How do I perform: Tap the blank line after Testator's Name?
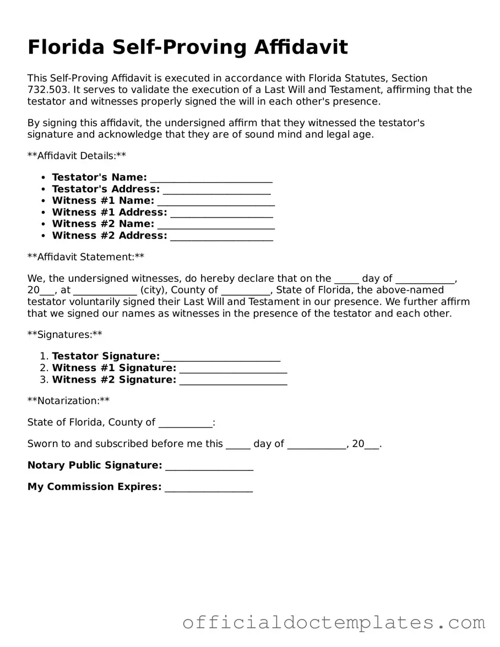click(211, 178)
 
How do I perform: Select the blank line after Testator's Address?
click(217, 189)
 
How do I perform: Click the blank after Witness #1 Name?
click(216, 201)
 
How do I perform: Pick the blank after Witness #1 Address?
click(221, 213)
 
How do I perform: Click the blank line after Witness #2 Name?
click(216, 224)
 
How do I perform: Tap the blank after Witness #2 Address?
click(221, 236)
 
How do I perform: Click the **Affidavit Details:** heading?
click(77, 156)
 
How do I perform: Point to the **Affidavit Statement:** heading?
click(86, 257)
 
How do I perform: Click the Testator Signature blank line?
click(221, 357)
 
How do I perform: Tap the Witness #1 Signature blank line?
click(233, 368)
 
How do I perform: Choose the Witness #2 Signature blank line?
click(233, 380)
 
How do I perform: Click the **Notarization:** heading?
click(68, 401)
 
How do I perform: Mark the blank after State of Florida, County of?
click(184, 423)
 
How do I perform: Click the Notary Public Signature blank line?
click(209, 466)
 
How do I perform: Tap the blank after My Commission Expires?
click(209, 487)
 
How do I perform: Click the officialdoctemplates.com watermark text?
click(334, 622)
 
